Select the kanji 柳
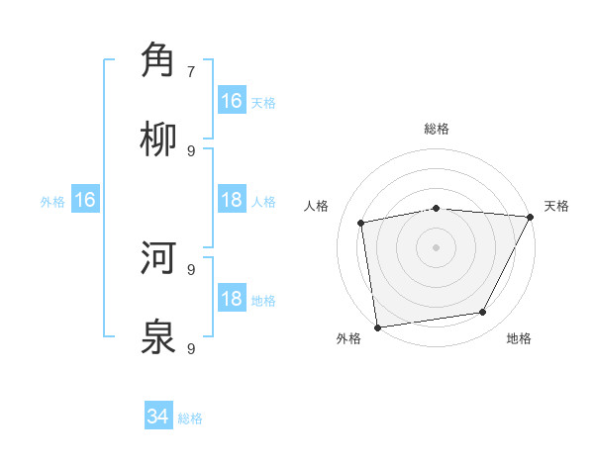(158, 139)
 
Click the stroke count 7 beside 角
(191, 72)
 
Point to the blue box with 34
(158, 418)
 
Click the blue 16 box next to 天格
(232, 101)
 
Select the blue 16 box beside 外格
(85, 201)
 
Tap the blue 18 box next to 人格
(232, 201)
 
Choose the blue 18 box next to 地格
(232, 300)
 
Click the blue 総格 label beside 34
(190, 418)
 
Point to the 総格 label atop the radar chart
(437, 129)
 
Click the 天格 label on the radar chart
(556, 206)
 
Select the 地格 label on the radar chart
(519, 338)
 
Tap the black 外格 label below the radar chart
(348, 338)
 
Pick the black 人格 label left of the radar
(317, 206)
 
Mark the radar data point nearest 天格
(531, 218)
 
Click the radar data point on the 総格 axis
(437, 208)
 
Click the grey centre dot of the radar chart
(437, 247)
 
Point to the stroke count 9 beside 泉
(191, 349)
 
